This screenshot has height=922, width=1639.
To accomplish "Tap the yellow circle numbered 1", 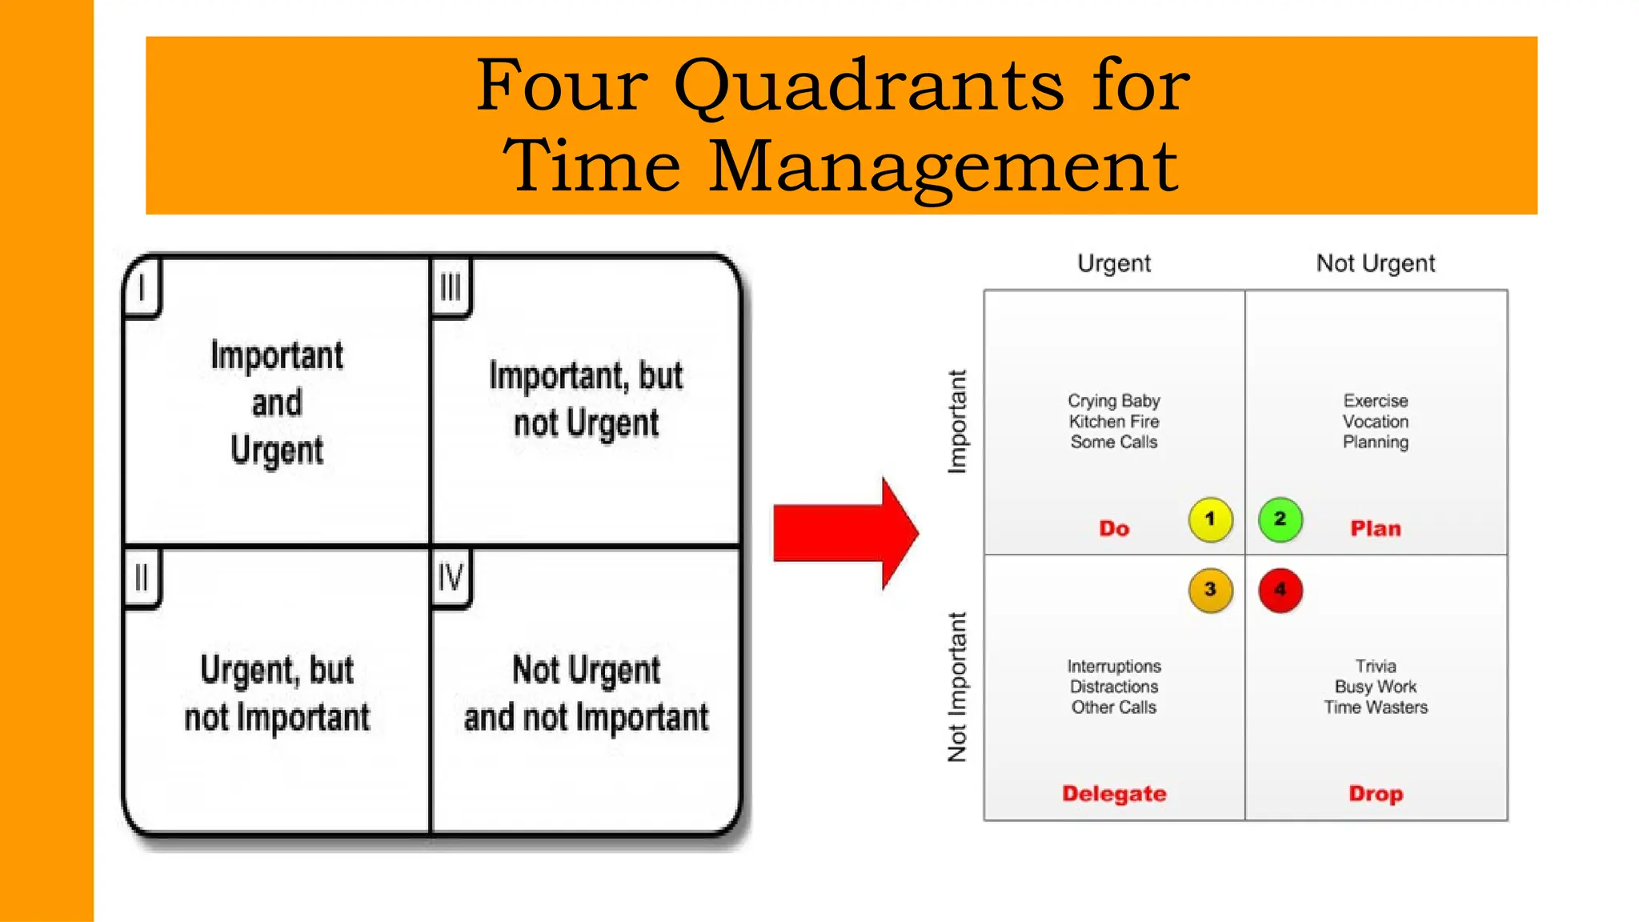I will click(x=1210, y=519).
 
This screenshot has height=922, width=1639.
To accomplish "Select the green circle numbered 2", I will click(x=1280, y=519).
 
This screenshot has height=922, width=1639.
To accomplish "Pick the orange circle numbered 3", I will click(x=1210, y=590).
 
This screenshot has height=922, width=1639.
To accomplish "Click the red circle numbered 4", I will click(x=1280, y=590).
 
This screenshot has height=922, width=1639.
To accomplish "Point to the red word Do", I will click(x=1114, y=529).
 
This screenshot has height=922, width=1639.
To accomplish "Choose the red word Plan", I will click(x=1376, y=529).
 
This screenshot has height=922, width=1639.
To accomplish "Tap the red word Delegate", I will click(x=1114, y=794).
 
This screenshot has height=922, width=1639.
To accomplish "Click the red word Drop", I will click(x=1376, y=794).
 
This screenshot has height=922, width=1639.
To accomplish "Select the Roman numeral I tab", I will click(x=142, y=287).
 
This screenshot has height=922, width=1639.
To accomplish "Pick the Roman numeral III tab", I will click(x=451, y=287).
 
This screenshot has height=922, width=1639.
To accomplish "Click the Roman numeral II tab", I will click(x=142, y=578).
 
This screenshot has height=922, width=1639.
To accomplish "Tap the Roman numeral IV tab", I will click(x=451, y=578).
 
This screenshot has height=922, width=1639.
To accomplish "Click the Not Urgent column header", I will click(x=1376, y=263).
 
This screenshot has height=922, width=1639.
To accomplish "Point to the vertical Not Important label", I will click(x=957, y=687).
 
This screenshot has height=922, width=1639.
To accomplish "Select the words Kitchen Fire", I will click(x=1114, y=422).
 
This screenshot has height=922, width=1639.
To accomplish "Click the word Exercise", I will click(x=1376, y=401).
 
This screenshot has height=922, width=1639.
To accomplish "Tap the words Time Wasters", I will click(x=1376, y=708).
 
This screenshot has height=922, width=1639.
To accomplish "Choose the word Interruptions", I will click(x=1114, y=667).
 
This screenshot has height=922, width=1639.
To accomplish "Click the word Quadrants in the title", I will click(x=868, y=85).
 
